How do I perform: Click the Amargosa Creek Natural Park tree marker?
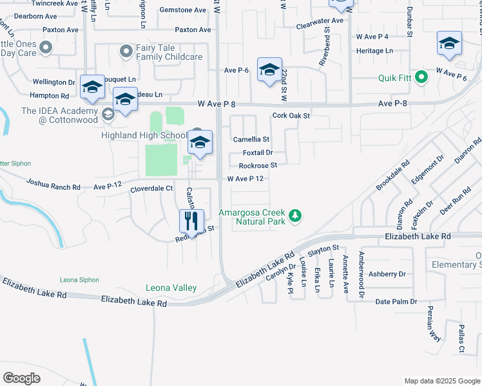pos(295,216)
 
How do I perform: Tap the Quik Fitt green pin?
pos(421,78)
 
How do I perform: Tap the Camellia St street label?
pos(251,139)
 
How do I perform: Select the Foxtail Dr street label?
pos(258,152)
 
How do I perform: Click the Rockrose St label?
pos(258,165)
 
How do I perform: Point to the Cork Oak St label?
pos(291,116)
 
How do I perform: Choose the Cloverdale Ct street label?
pos(152,188)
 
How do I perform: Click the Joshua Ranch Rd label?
pos(53,183)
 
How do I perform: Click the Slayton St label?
pos(323,248)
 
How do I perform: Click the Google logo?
pos(21,378)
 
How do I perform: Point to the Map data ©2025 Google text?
pos(441,381)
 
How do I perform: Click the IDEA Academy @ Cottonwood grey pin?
pos(108,115)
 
